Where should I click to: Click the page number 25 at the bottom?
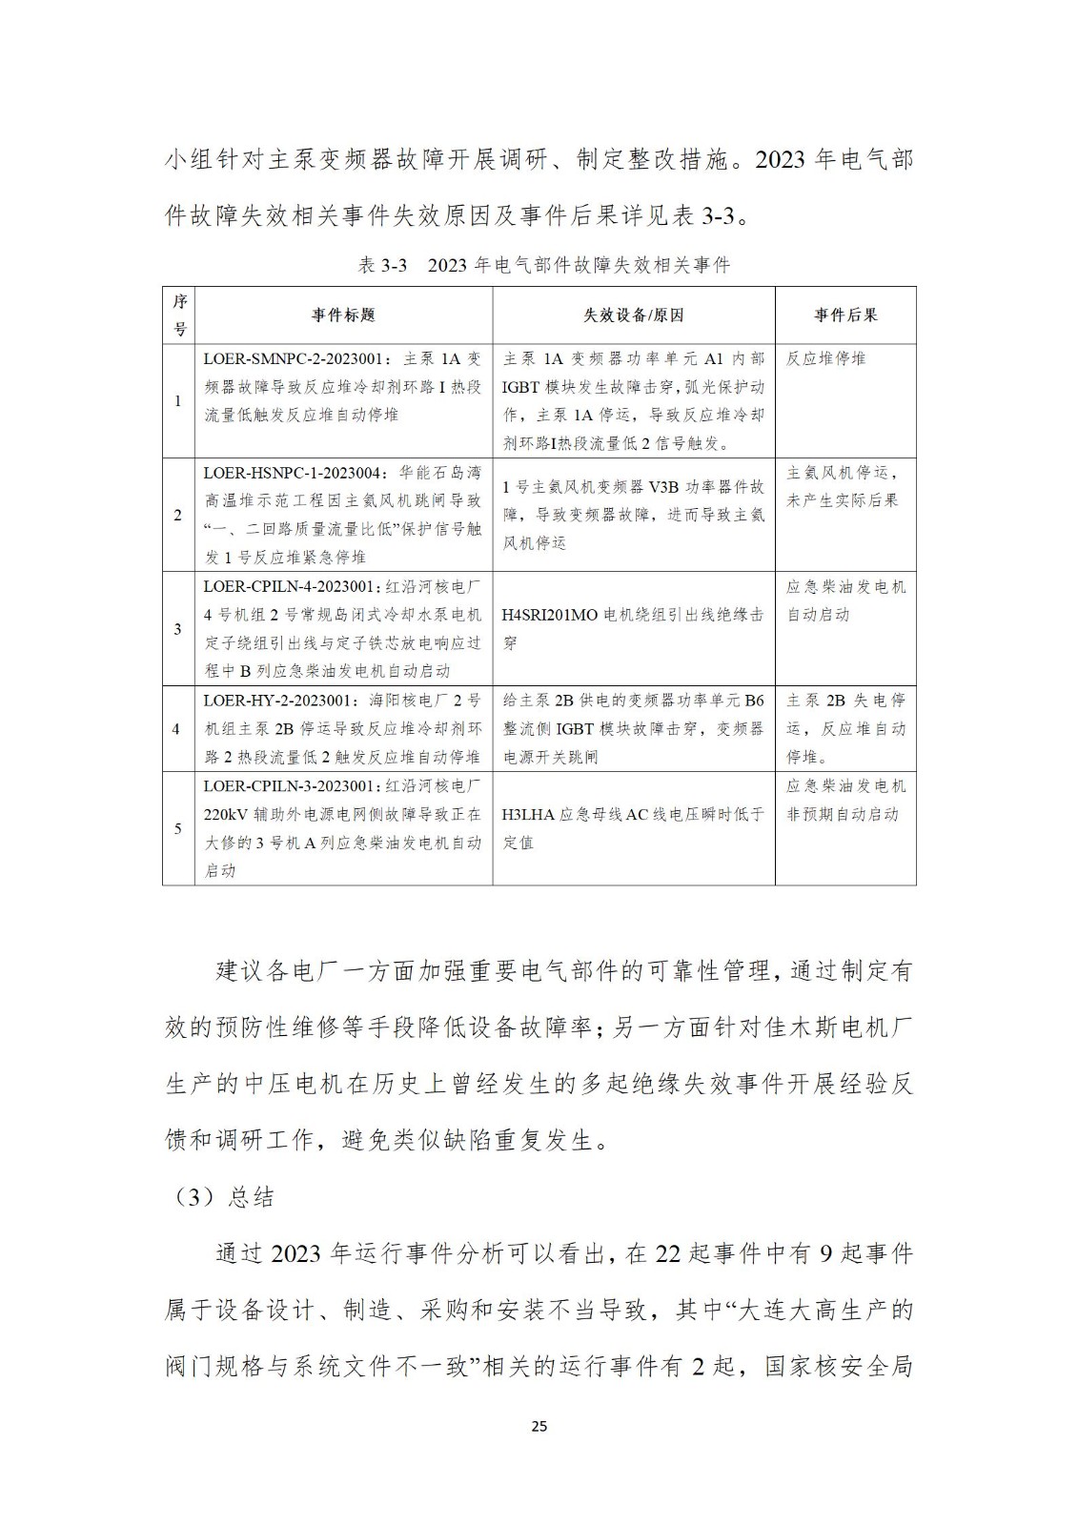tap(539, 1426)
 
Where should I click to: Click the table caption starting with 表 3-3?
tap(543, 265)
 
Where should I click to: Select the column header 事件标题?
tap(343, 315)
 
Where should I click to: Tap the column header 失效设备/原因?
tap(633, 315)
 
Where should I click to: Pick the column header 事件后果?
tap(844, 315)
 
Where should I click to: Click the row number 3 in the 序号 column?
tap(177, 629)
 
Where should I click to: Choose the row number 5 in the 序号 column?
tap(177, 828)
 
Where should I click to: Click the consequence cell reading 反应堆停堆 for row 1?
tap(825, 359)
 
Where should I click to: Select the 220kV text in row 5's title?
tap(226, 815)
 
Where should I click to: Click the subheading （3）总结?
tap(220, 1197)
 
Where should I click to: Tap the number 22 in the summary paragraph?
tap(669, 1253)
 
